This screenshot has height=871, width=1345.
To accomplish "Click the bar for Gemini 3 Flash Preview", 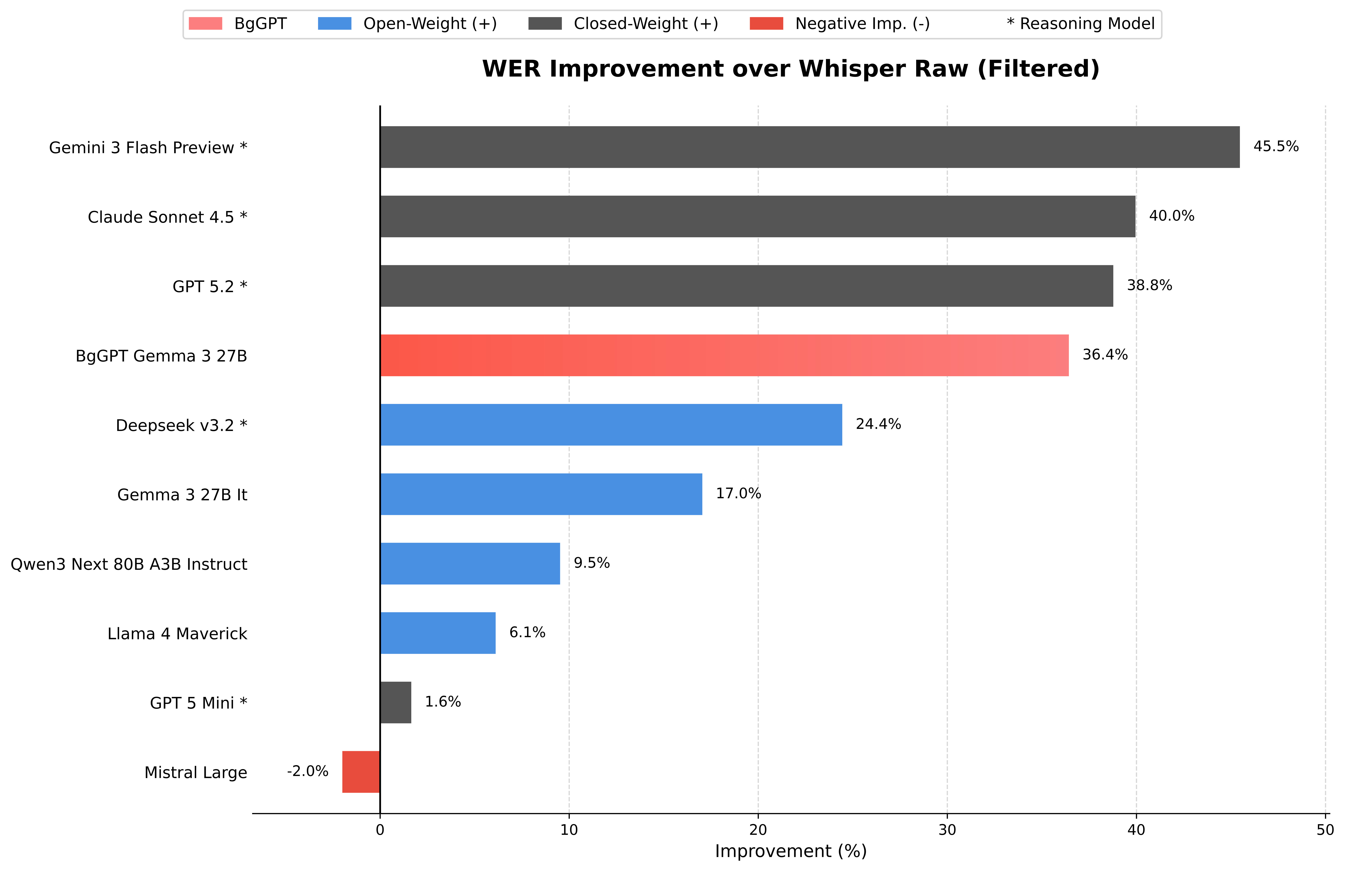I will pyautogui.click(x=809, y=147).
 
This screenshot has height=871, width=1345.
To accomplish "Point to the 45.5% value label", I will pyautogui.click(x=1276, y=146).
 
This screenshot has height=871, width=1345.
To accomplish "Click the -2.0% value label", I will pyautogui.click(x=307, y=771).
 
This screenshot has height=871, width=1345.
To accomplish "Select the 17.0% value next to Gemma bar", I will pyautogui.click(x=738, y=493).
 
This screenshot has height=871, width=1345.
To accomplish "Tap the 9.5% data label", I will pyautogui.click(x=591, y=563).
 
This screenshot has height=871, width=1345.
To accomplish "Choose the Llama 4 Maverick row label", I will pyautogui.click(x=177, y=634).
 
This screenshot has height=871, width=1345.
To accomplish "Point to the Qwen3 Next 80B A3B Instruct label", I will pyautogui.click(x=129, y=564).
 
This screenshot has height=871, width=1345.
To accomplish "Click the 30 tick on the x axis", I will pyautogui.click(x=947, y=830).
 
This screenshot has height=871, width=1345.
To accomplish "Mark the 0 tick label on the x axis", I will pyautogui.click(x=380, y=830).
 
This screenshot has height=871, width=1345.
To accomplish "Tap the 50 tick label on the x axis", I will pyautogui.click(x=1325, y=830).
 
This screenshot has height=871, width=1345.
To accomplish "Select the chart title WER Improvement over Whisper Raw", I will pyautogui.click(x=790, y=69).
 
